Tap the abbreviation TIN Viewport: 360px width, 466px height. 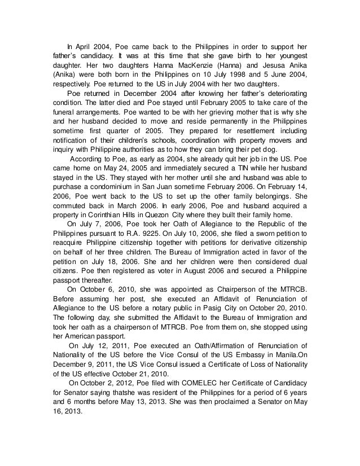(210, 170)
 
